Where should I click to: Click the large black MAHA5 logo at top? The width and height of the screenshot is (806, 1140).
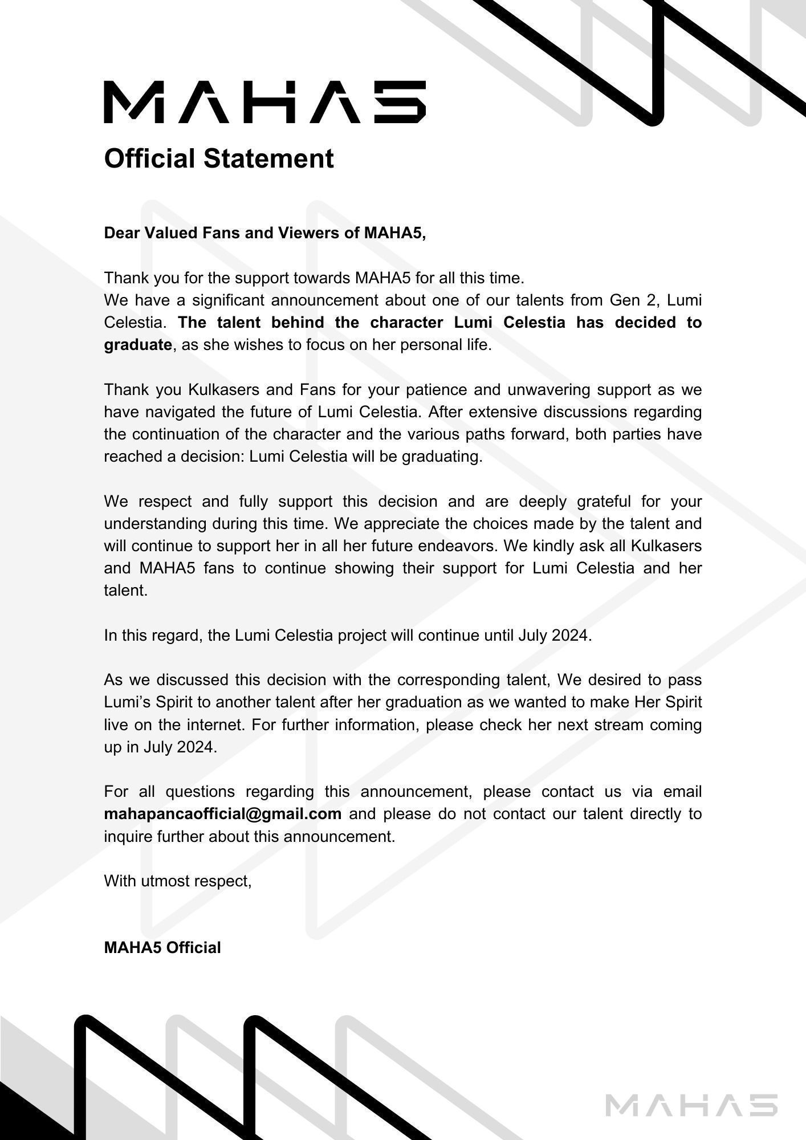264,102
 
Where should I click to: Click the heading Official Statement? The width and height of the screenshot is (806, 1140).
219,158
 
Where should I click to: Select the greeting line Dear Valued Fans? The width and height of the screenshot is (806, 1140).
265,233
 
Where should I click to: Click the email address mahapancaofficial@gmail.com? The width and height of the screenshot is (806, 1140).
223,813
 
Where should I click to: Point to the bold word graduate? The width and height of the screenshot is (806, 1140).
138,344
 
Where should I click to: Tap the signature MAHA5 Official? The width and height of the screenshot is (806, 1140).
162,947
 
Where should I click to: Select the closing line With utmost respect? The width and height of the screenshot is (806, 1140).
178,881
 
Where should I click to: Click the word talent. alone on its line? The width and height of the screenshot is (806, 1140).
126,590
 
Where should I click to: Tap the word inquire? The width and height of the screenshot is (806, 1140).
128,836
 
